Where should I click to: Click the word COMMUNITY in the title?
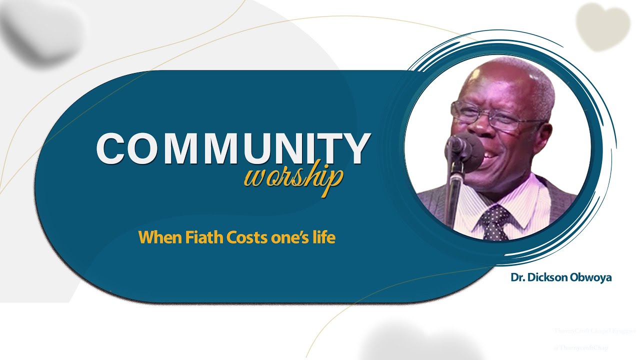pyautogui.click(x=233, y=148)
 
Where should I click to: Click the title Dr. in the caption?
pyautogui.click(x=517, y=277)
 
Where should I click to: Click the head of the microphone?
pyautogui.click(x=458, y=146)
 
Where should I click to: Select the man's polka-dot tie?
pyautogui.click(x=494, y=222)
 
